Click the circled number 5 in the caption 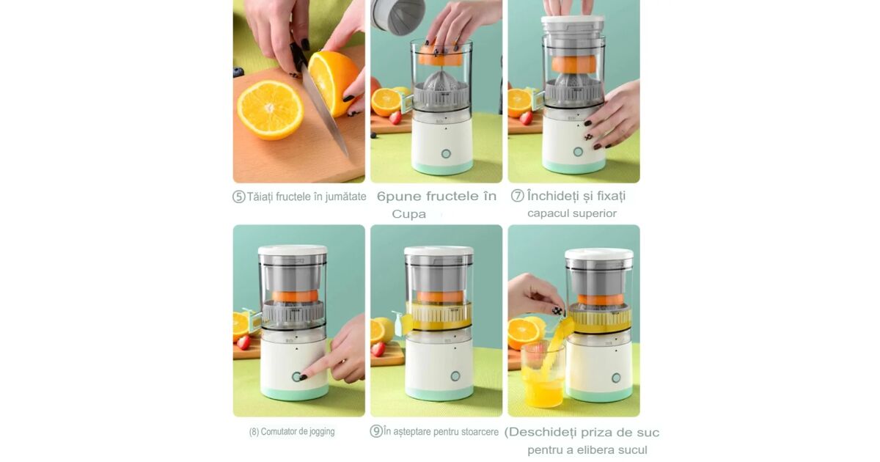click(239, 197)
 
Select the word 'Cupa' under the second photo click(408, 214)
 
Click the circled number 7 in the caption click(518, 196)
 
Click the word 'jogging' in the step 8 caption click(321, 432)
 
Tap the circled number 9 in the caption click(376, 431)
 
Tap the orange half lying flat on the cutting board click(271, 109)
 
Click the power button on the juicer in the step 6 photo click(446, 153)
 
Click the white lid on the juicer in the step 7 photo click(573, 19)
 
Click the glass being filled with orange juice click(543, 375)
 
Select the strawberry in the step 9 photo click(378, 349)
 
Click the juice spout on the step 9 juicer click(400, 322)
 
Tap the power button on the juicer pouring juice click(616, 378)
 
